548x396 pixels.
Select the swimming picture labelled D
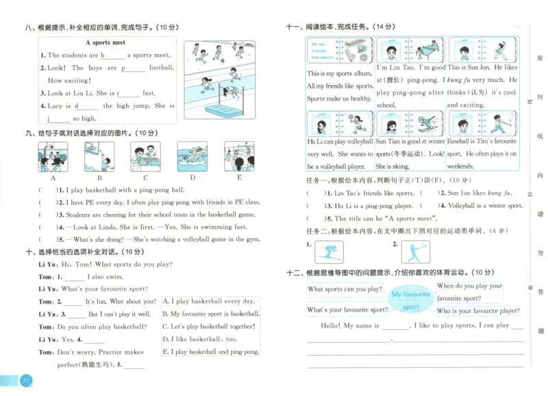point(192,156)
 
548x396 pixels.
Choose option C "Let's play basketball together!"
point(208,326)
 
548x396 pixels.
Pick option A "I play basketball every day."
point(208,301)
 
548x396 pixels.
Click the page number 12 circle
point(25,380)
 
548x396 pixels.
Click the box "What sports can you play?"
point(345,289)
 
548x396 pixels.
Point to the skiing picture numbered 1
point(329,253)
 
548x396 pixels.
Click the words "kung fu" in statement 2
point(499,194)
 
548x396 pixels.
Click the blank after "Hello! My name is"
point(395,327)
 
